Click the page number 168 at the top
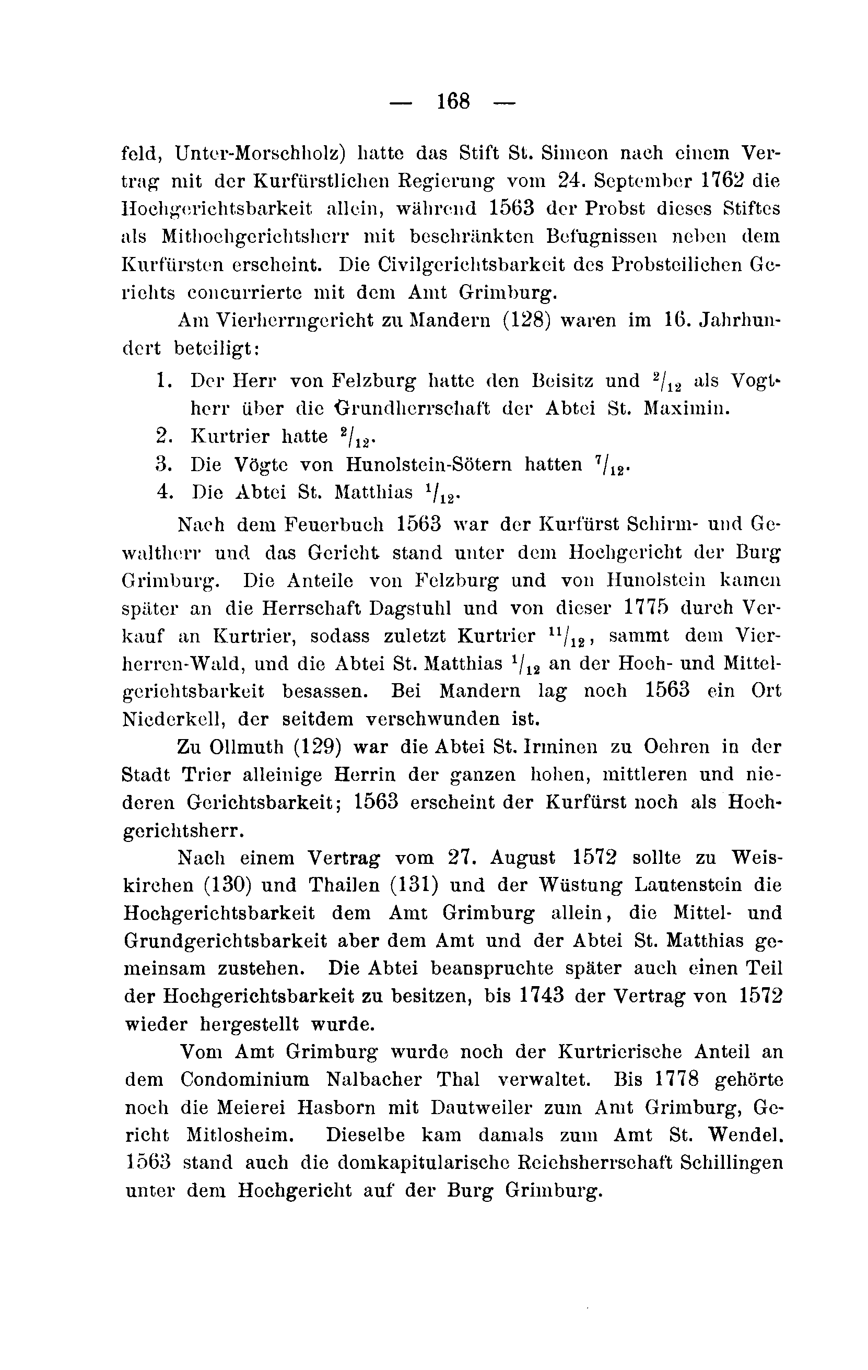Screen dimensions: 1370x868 (x=453, y=102)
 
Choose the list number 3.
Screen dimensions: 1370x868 (x=162, y=464)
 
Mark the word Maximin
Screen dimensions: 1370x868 (x=686, y=408)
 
